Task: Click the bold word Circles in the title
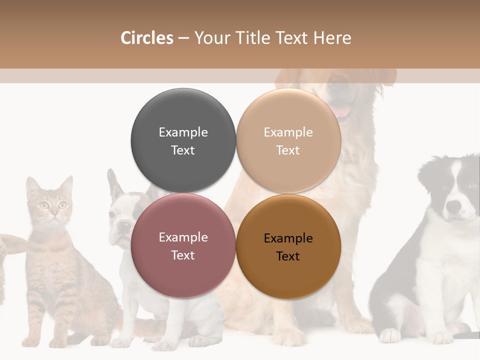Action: coord(146,38)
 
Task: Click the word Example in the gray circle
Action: coord(183,132)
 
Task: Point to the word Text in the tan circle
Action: coord(288,150)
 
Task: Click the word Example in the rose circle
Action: coord(183,237)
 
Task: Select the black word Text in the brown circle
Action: coord(288,256)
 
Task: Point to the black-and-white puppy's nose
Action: coord(453,205)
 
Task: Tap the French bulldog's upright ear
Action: coord(113,182)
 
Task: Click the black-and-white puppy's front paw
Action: coord(389,335)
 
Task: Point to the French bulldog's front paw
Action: coord(165,344)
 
